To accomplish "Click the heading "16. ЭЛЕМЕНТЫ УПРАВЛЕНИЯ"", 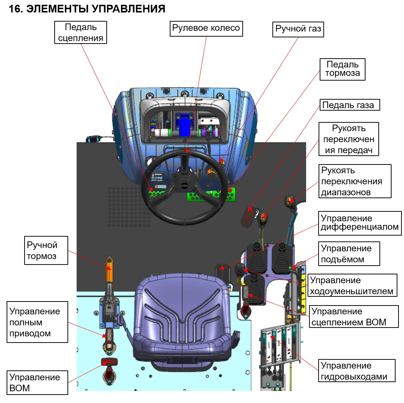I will pyautogui.click(x=87, y=8).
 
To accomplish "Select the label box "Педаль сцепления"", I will pyautogui.click(x=81, y=33).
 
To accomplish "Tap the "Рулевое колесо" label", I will pyautogui.click(x=206, y=28).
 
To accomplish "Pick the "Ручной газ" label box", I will pyautogui.click(x=298, y=29).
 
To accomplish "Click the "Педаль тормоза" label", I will pyautogui.click(x=342, y=69).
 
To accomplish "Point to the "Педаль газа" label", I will pyautogui.click(x=349, y=105).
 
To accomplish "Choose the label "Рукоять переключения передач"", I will pyautogui.click(x=349, y=139).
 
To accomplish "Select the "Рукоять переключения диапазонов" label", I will pyautogui.click(x=355, y=181).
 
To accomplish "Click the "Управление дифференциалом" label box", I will pyautogui.click(x=360, y=223).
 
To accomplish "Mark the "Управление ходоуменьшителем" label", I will pyautogui.click(x=352, y=285).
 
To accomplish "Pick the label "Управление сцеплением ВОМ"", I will pyautogui.click(x=353, y=317).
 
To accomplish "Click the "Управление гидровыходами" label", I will pyautogui.click(x=356, y=371).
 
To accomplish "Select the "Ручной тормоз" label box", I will pyautogui.click(x=46, y=250).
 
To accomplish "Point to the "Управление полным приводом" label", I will pyautogui.click(x=37, y=322).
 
